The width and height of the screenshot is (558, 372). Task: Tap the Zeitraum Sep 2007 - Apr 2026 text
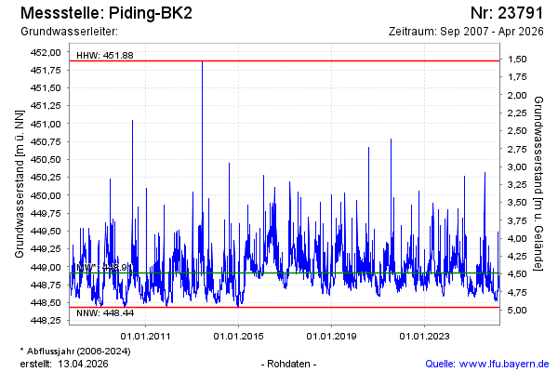tap(469, 32)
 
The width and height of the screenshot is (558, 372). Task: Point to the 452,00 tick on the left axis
tap(46, 52)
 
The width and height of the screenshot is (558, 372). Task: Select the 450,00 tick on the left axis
tap(46, 195)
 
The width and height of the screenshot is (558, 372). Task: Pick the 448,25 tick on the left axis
tap(46, 321)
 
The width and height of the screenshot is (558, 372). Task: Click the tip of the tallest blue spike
tap(202, 61)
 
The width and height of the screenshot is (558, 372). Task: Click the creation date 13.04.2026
tap(86, 363)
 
